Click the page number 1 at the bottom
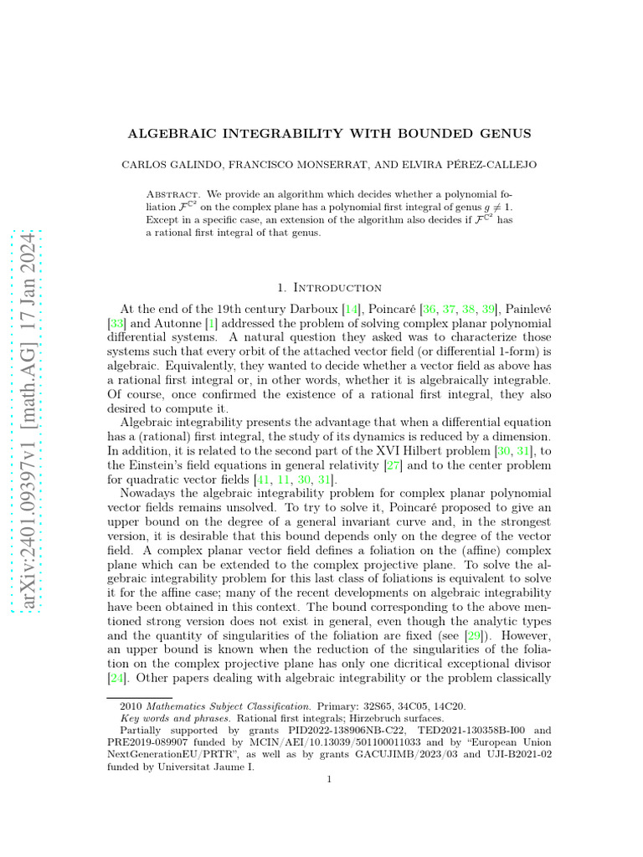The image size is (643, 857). coord(330,780)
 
